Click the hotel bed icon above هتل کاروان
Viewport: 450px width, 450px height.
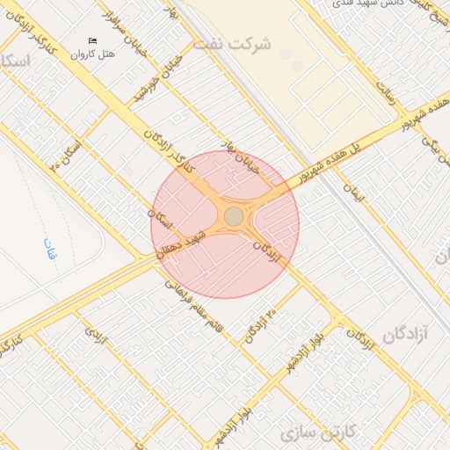pyautogui.click(x=94, y=40)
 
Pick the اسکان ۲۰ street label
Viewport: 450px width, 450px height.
pyautogui.click(x=67, y=152)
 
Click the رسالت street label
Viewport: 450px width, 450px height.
pyautogui.click(x=389, y=90)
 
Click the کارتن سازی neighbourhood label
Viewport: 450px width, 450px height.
pyautogui.click(x=316, y=434)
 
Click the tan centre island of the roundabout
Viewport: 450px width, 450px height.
pyautogui.click(x=233, y=216)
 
